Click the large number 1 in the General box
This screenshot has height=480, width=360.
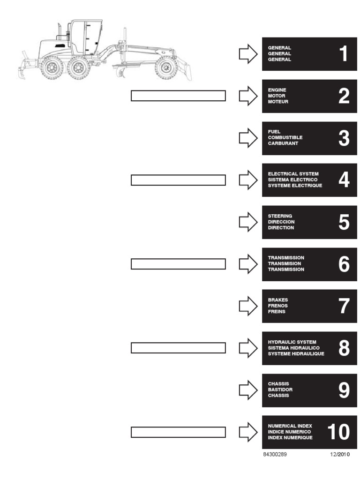pos(344,54)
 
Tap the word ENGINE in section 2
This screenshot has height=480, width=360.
pos(277,90)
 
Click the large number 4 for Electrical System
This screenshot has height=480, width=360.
pos(344,180)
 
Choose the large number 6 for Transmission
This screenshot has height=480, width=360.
pos(344,264)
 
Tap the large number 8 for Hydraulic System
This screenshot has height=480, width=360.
pos(344,348)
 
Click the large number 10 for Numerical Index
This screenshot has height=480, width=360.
pos(338,432)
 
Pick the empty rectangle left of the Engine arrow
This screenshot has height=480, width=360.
pos(178,96)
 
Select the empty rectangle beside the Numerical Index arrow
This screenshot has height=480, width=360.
pos(178,432)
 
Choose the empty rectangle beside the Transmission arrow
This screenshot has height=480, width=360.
pos(178,264)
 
